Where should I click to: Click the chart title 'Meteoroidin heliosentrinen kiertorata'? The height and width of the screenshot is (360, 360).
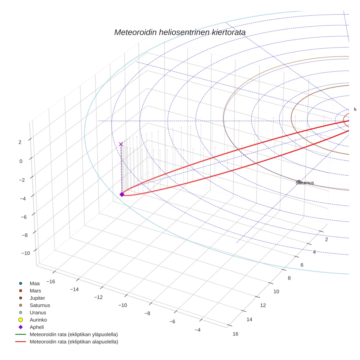coord(180,32)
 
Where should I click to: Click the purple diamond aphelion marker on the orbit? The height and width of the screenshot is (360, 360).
coord(122,194)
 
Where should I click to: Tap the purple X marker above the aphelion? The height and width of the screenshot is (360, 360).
coord(121,144)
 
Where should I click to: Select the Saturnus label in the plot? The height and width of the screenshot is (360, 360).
coord(305,183)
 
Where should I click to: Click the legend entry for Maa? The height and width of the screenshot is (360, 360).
coord(34,284)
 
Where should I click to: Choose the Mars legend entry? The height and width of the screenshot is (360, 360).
coord(35,291)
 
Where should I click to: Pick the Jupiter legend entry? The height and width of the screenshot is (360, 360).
coord(37,298)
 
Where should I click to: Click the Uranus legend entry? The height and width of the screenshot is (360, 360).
coord(38,313)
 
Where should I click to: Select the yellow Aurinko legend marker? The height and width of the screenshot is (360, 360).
coord(21,320)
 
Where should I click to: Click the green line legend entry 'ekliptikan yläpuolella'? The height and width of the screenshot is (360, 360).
coord(74,334)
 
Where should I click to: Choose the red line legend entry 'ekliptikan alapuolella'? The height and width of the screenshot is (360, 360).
coord(74,342)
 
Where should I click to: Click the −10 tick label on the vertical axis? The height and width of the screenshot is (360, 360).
coord(26,253)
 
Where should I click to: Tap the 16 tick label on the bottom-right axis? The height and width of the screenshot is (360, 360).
coord(235,334)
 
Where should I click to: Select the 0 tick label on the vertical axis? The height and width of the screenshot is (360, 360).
coord(21,161)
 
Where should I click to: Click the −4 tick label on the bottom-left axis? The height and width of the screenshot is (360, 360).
coord(197,330)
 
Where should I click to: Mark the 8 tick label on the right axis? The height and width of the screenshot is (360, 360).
coord(289,278)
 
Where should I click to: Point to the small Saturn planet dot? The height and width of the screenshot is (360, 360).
coord(299,181)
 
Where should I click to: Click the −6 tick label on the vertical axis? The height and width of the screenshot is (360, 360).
coord(24,217)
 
